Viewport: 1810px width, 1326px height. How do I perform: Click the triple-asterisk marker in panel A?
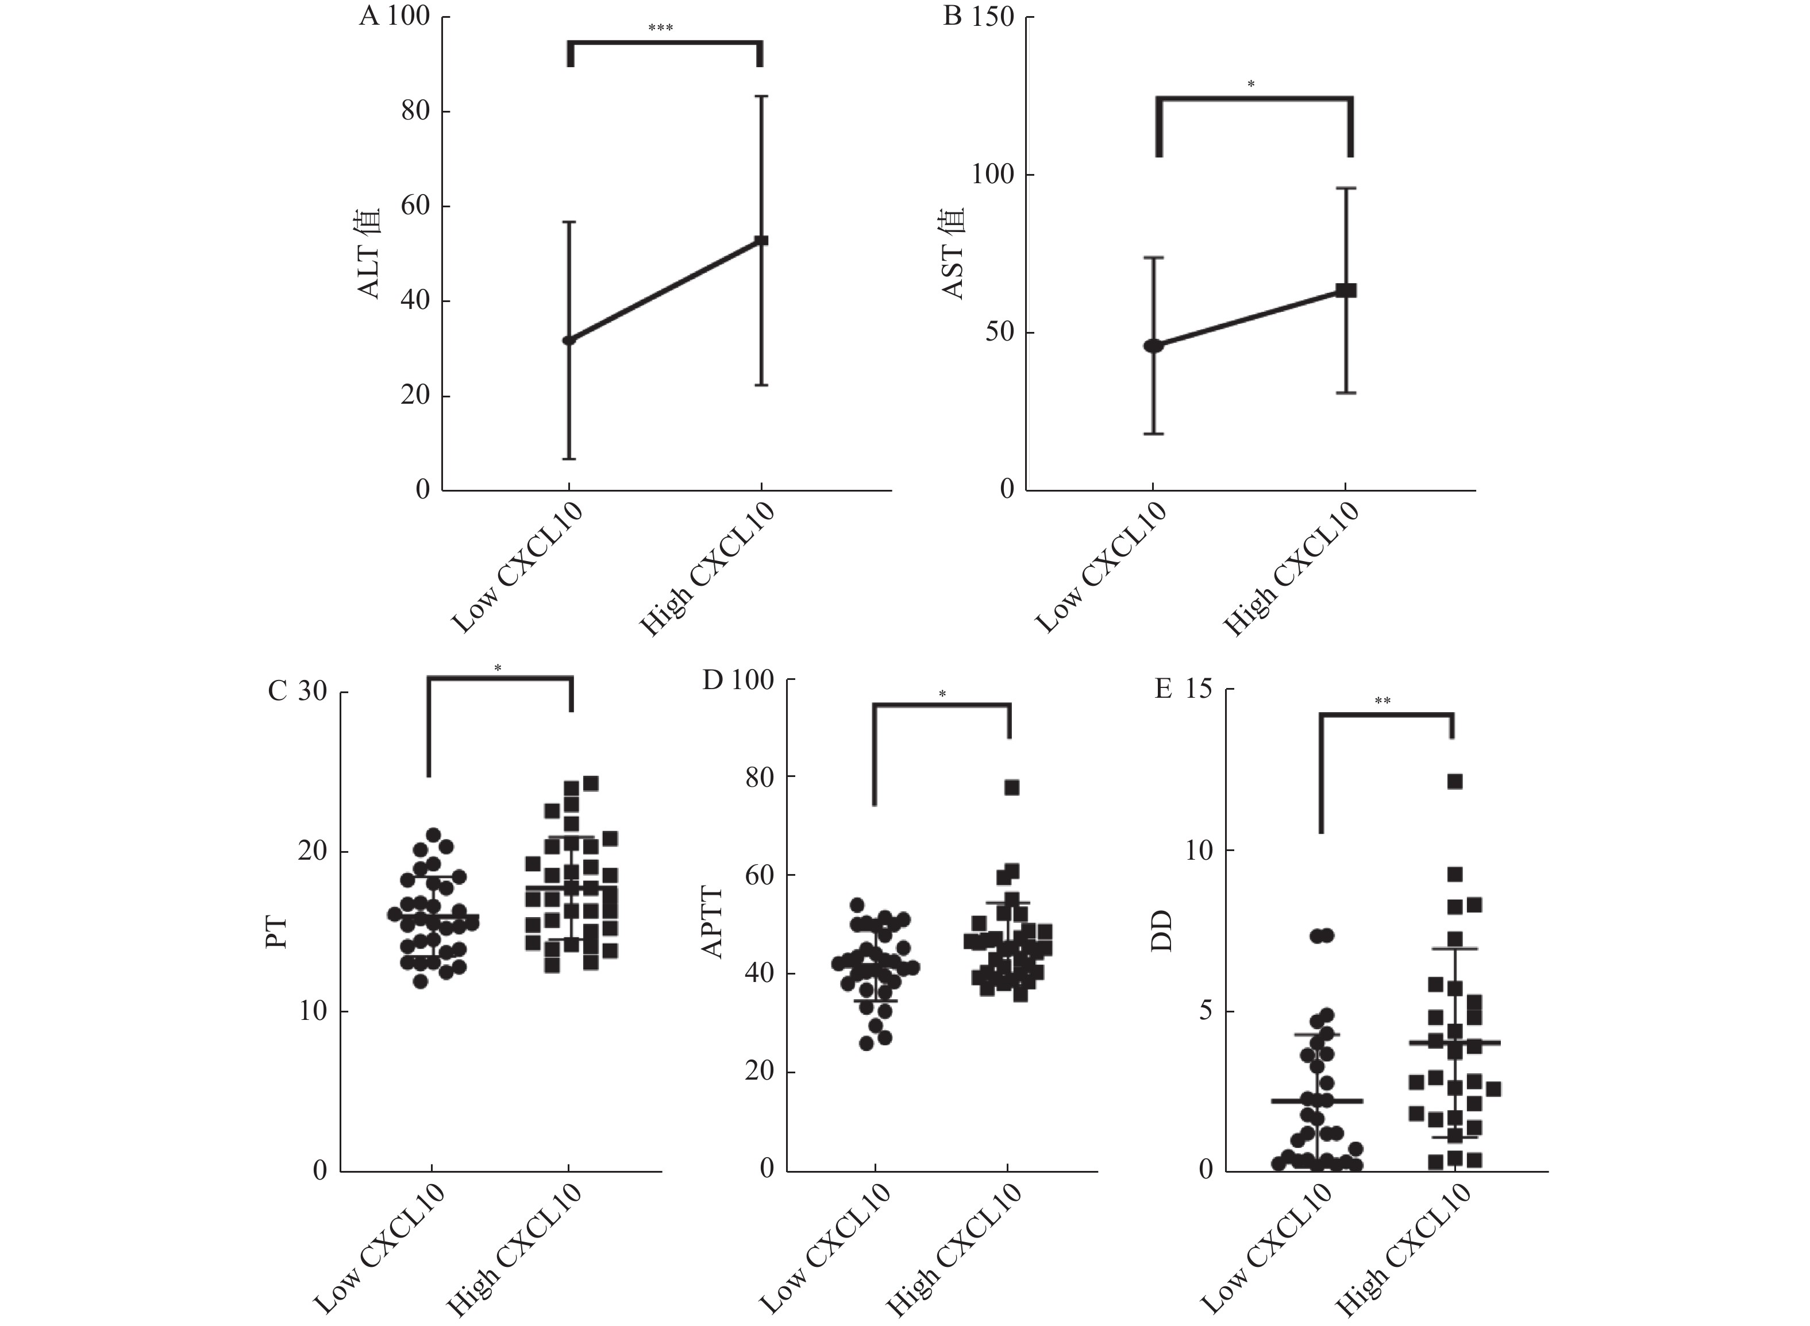pos(660,29)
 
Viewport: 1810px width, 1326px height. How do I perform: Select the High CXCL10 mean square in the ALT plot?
pos(761,240)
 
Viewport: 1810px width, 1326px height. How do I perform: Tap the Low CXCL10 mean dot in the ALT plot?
pos(568,339)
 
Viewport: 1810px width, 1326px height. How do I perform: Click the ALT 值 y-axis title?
pos(369,254)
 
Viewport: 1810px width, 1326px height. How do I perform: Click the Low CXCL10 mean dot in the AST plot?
pos(1154,345)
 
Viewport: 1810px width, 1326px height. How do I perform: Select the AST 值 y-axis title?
pos(953,254)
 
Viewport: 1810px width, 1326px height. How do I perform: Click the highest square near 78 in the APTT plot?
pos(1012,787)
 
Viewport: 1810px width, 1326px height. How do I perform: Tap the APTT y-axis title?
pos(713,922)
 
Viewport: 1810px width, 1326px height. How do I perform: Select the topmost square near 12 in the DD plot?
pos(1455,782)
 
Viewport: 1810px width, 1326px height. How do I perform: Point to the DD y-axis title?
pos(1162,930)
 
